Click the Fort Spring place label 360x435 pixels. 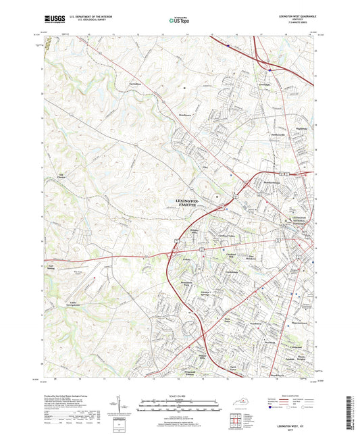[50, 267]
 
